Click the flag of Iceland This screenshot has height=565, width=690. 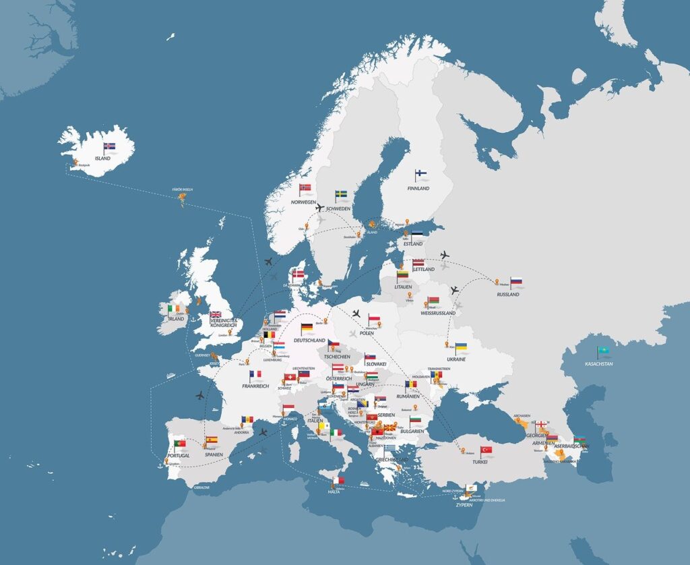110,146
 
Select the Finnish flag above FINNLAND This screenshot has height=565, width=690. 422,175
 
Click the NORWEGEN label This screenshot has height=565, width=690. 303,202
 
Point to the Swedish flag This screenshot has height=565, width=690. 342,195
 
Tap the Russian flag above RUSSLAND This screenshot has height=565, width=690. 517,282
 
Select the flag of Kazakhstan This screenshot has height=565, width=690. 602,351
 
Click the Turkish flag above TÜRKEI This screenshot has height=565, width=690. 486,450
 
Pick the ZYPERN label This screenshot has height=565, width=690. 463,504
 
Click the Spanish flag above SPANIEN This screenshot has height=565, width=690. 212,440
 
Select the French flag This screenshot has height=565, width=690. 255,374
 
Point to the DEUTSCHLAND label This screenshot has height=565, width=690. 309,340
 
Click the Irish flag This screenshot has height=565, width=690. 175,309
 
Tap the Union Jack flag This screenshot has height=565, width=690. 216,314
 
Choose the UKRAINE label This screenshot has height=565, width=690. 456,359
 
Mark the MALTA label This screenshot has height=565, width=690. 334,492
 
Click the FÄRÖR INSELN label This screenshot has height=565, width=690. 183,189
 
